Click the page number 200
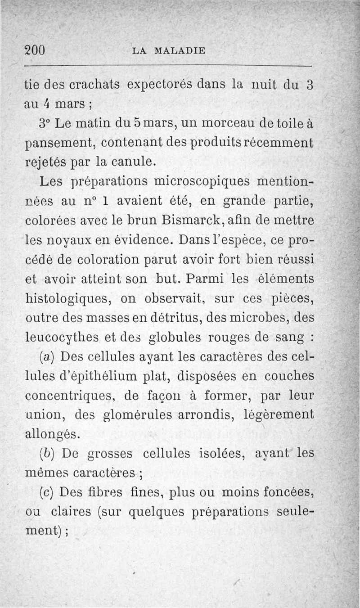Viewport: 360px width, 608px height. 36,50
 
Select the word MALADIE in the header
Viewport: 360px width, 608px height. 180,50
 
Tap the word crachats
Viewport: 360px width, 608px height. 93,84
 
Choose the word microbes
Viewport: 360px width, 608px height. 255,317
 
